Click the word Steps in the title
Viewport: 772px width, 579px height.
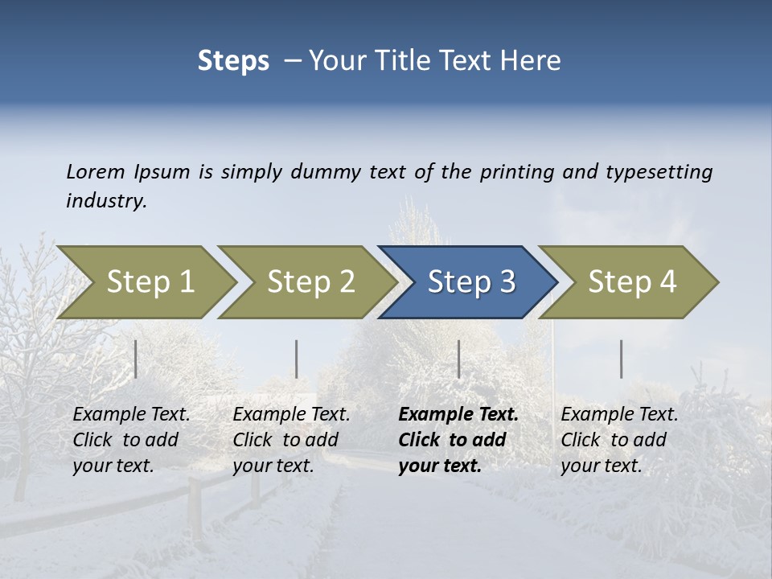point(233,61)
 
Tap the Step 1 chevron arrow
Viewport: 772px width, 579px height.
point(150,282)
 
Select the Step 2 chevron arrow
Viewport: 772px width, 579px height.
point(310,282)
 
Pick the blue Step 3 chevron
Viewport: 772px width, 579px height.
point(471,282)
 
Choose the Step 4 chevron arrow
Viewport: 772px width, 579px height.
point(632,282)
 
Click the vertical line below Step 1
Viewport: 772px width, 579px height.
point(136,359)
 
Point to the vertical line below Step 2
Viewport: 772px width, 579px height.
point(297,359)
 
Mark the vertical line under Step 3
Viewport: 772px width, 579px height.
point(459,359)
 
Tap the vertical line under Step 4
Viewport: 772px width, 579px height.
point(622,359)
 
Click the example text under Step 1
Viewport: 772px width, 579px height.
point(130,440)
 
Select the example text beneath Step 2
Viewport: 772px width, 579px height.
point(290,440)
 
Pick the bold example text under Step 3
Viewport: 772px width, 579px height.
point(458,440)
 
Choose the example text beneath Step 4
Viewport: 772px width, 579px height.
point(618,440)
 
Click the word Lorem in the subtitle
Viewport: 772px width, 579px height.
point(96,172)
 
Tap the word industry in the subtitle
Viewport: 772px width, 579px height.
point(105,201)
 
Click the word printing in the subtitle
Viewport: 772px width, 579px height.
point(517,172)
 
